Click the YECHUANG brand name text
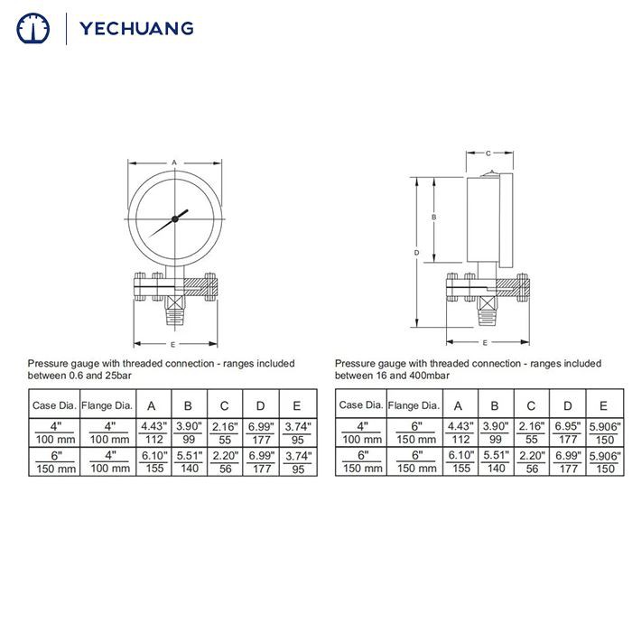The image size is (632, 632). pyautogui.click(x=136, y=28)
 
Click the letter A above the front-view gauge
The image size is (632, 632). pyautogui.click(x=174, y=163)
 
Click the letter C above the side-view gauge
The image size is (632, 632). pyautogui.click(x=488, y=153)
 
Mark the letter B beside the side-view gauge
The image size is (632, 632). pyautogui.click(x=434, y=218)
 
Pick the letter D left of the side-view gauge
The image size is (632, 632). pyautogui.click(x=416, y=253)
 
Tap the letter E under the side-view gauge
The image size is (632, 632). pyautogui.click(x=485, y=343)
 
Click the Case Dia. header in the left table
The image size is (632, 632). pyautogui.click(x=55, y=405)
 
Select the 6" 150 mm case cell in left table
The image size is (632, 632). pyautogui.click(x=55, y=462)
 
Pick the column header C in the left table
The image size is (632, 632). pyautogui.click(x=225, y=405)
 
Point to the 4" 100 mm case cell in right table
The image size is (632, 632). pyautogui.click(x=362, y=432)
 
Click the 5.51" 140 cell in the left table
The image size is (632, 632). pyautogui.click(x=189, y=462)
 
